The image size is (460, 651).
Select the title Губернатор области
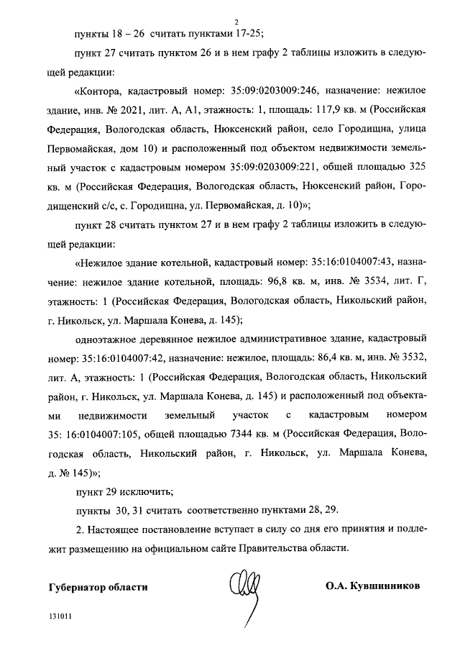[98, 586]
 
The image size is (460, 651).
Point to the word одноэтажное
[109, 337]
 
